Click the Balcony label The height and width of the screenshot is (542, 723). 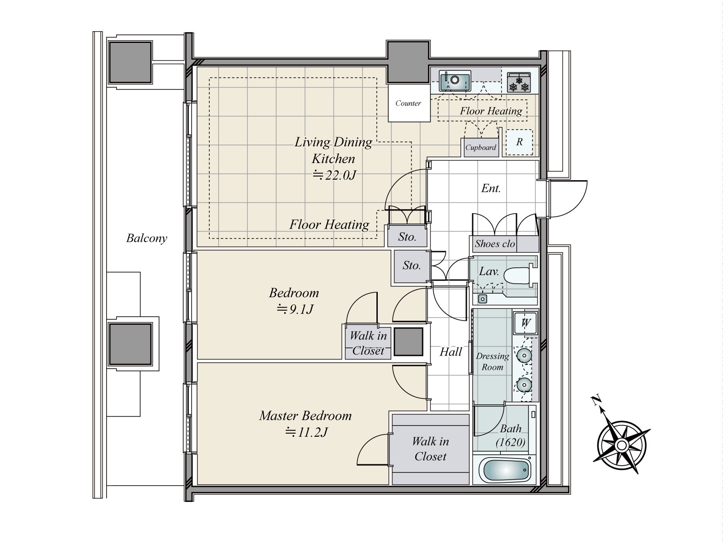146,238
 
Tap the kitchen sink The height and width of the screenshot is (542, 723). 455,81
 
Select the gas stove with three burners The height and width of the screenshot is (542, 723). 519,82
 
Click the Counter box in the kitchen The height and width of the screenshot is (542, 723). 409,103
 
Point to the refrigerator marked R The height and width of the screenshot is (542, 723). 519,142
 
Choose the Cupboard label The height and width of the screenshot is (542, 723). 481,147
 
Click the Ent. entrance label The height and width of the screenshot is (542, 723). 491,188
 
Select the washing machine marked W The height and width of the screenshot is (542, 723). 526,322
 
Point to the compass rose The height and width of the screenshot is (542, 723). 621,446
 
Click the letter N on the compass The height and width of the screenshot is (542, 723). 595,401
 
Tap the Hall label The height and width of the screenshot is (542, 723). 451,352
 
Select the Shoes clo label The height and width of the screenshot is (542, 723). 495,244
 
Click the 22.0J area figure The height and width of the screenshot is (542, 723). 334,175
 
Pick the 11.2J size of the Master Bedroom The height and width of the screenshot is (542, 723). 306,432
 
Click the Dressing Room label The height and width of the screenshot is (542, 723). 493,361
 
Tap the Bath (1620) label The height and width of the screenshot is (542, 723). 511,435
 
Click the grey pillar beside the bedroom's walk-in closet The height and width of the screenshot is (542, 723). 408,341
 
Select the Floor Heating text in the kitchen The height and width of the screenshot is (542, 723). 491,111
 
